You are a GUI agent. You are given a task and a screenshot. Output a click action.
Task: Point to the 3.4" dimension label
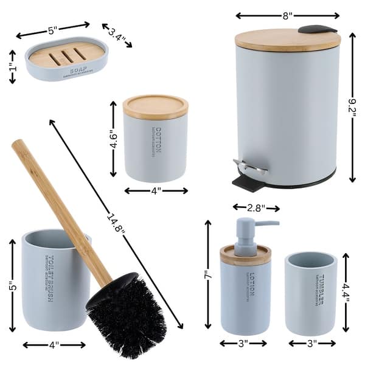click(x=117, y=36)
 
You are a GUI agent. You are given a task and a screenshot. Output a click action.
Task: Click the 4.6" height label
click(x=113, y=139)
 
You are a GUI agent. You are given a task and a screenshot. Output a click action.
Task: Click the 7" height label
click(x=208, y=275)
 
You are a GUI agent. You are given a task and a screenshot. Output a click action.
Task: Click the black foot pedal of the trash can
click(x=244, y=181)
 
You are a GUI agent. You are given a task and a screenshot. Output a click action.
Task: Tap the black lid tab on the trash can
click(x=317, y=29)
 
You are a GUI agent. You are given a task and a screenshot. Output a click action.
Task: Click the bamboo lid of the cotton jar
click(x=156, y=107)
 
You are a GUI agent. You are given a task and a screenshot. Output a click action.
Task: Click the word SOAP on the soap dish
click(x=78, y=71)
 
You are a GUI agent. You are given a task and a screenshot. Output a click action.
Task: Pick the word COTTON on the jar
click(x=159, y=142)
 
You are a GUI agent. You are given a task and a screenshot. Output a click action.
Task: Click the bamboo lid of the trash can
click(x=287, y=40)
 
